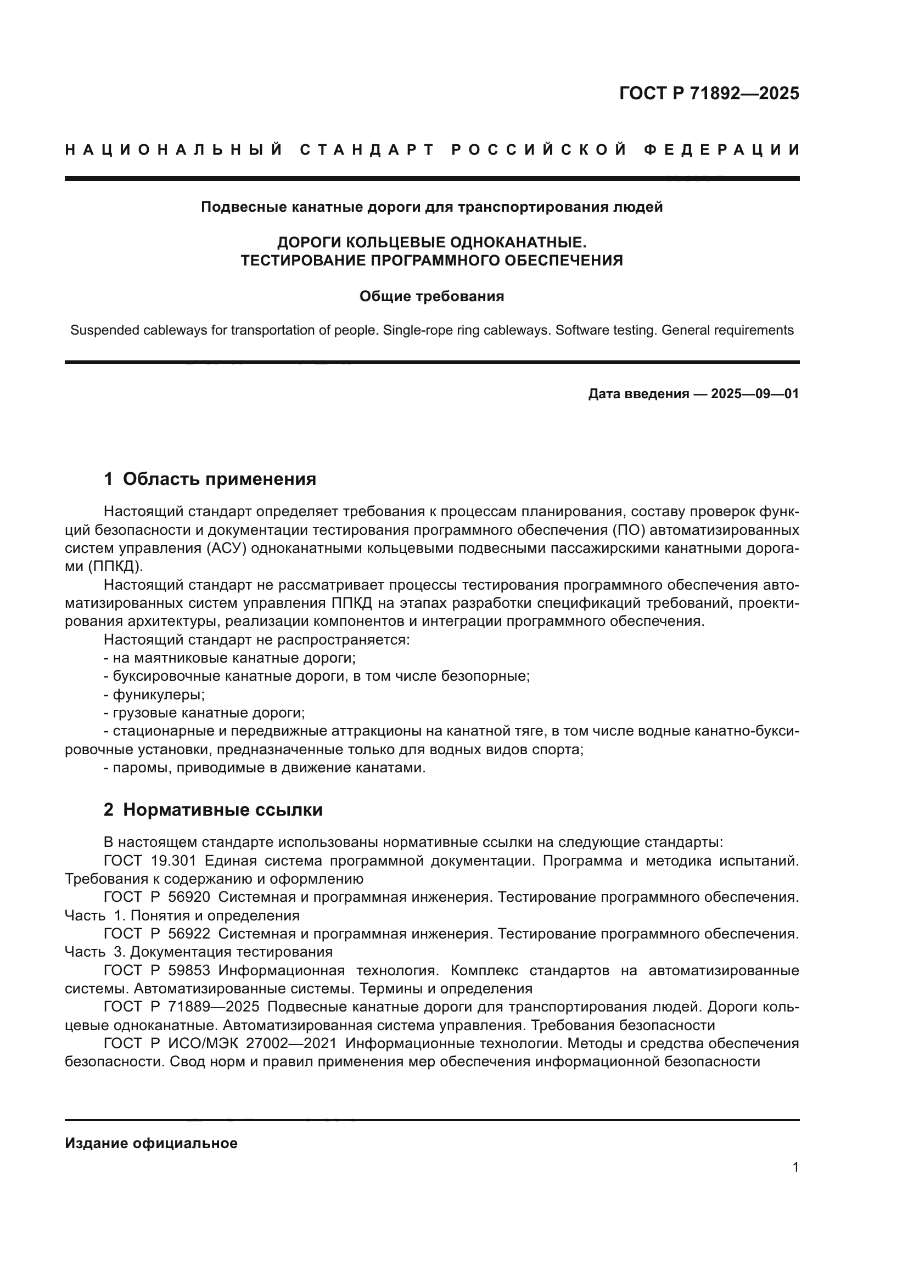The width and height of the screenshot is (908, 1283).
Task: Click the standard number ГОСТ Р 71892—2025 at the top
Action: tap(709, 93)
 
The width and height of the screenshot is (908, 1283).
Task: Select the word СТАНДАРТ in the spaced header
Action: tap(367, 150)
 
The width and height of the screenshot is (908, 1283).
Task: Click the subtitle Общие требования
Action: tap(431, 296)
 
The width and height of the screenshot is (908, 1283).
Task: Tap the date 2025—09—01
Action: tap(754, 394)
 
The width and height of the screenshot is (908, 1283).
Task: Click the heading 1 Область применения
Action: tap(210, 479)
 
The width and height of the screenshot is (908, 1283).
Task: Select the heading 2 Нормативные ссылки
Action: tap(213, 810)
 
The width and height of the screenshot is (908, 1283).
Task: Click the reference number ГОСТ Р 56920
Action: tap(157, 897)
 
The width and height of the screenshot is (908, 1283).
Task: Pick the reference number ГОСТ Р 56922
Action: tap(157, 934)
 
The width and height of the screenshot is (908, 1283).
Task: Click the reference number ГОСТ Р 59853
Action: tap(157, 971)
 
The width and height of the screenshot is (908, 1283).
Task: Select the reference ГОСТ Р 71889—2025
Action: tap(182, 1007)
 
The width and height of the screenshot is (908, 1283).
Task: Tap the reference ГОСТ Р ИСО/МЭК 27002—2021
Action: tap(220, 1044)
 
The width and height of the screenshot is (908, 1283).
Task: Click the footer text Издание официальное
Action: tap(151, 1143)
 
